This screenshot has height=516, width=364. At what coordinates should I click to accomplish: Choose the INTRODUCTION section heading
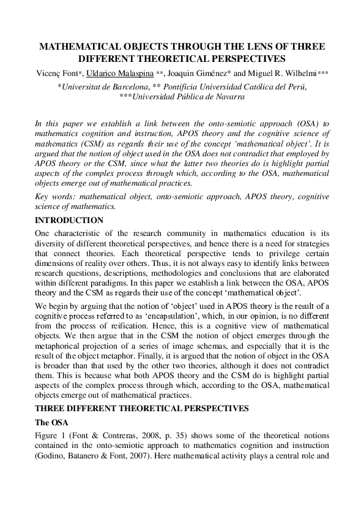[x=69, y=220]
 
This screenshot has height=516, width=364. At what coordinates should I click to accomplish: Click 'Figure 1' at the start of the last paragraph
[x=50, y=436]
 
